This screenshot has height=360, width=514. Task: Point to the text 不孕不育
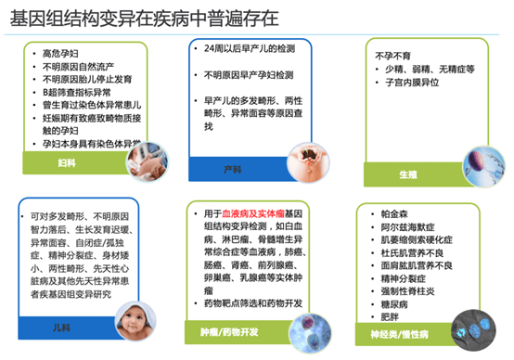392,55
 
